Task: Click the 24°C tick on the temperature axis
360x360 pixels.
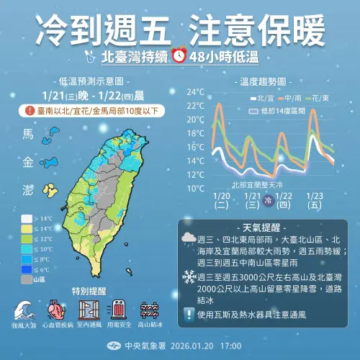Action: [196, 92]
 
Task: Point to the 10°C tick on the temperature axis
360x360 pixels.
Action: [196, 188]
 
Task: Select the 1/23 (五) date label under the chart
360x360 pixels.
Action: [314, 199]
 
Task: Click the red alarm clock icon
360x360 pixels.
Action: [179, 56]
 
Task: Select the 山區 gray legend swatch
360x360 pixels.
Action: [27, 279]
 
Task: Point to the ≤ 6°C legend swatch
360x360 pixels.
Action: [27, 269]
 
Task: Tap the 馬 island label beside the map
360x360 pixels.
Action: [28, 135]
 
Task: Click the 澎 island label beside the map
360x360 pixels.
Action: [28, 190]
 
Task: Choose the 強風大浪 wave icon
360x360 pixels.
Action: [24, 311]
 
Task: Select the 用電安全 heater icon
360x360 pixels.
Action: [120, 310]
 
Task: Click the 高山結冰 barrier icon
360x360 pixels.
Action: [152, 310]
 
